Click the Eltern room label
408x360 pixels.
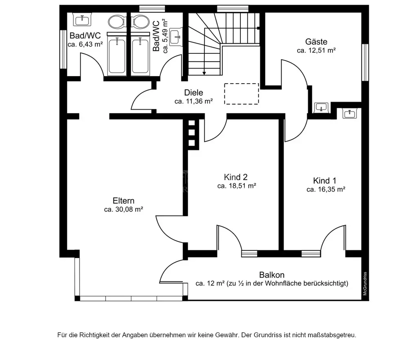pyautogui.click(x=123, y=201)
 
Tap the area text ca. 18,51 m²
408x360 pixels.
pyautogui.click(x=237, y=186)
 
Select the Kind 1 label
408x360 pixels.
pyautogui.click(x=324, y=180)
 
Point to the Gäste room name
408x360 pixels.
pyautogui.click(x=316, y=42)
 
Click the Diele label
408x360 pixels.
pyautogui.click(x=193, y=93)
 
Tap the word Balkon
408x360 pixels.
pyautogui.click(x=272, y=275)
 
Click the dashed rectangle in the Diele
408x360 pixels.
pyautogui.click(x=242, y=94)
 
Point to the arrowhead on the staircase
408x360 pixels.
pyautogui.click(x=204, y=73)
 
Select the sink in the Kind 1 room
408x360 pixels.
pyautogui.click(x=350, y=114)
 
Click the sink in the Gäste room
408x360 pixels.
pyautogui.click(x=321, y=107)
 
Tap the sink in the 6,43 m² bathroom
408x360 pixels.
pyautogui.click(x=82, y=19)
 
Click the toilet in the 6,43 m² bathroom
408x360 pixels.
pyautogui.click(x=116, y=22)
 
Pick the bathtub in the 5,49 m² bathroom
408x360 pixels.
pyautogui.click(x=140, y=55)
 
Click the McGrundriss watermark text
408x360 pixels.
pyautogui.click(x=365, y=284)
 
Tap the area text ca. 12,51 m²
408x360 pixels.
pyautogui.click(x=316, y=50)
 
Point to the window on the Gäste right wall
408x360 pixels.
pyautogui.click(x=365, y=62)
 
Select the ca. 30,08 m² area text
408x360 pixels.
pyautogui.click(x=124, y=209)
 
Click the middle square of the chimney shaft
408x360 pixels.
pyautogui.click(x=191, y=133)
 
